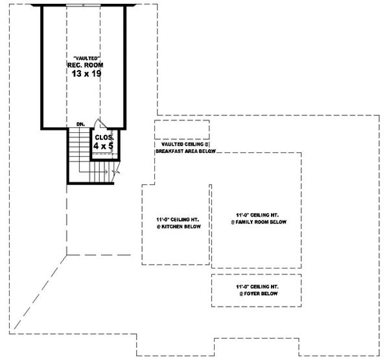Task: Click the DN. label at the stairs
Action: coord(80,123)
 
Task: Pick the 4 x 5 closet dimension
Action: coord(104,147)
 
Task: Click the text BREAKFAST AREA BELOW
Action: coord(185,150)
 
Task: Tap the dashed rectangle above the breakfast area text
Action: coord(182,129)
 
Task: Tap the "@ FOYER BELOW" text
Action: coord(257,293)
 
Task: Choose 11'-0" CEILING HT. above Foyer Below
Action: coord(258,285)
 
